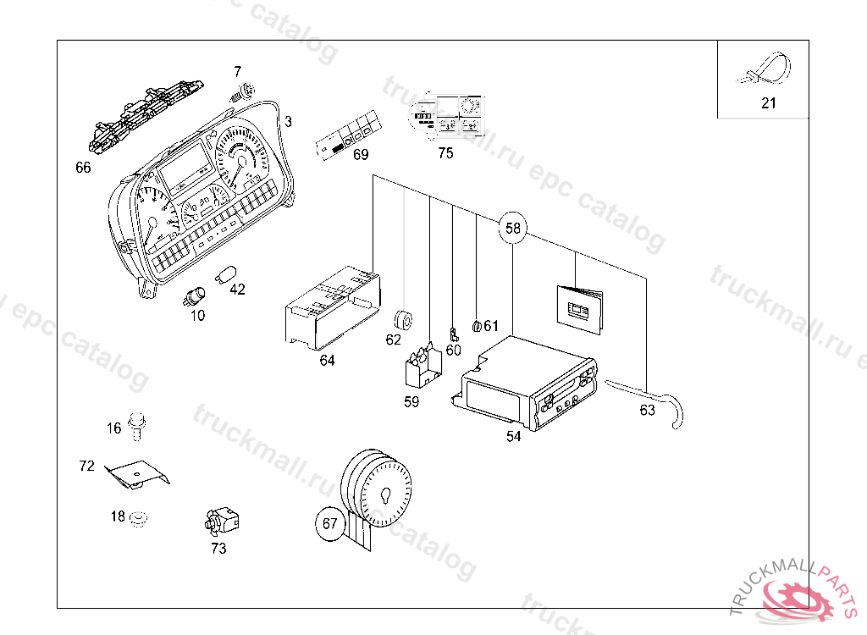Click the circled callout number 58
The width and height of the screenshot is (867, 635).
[513, 228]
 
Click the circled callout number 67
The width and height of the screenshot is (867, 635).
[330, 523]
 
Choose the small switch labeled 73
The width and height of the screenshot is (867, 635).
[222, 519]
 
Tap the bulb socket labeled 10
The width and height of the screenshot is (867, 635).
[196, 296]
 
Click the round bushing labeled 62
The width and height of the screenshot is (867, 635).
[404, 320]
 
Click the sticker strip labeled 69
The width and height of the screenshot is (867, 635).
[346, 136]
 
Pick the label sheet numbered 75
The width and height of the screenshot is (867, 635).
[447, 115]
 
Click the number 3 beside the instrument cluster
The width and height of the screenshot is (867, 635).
[288, 122]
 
